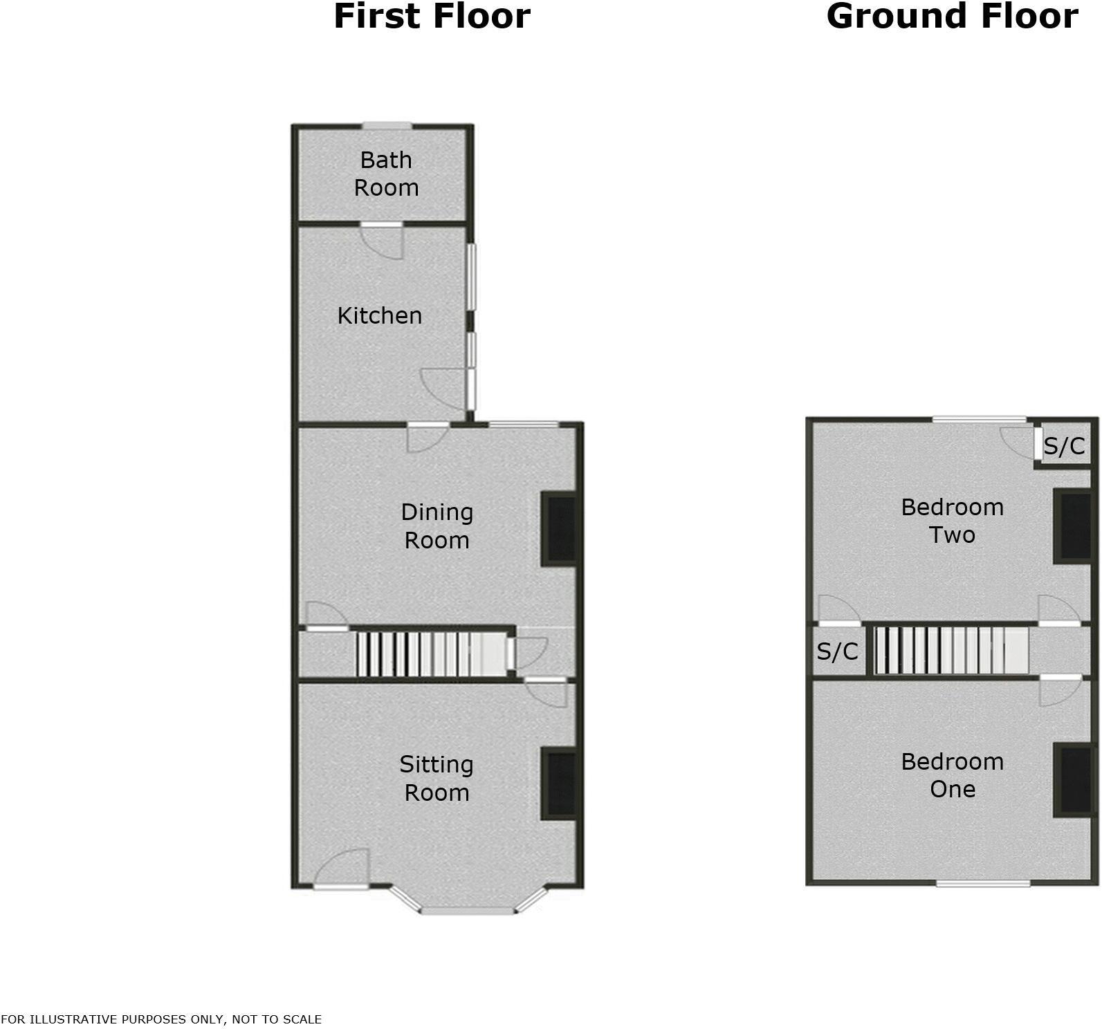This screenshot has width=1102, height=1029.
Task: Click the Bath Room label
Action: [x=386, y=174]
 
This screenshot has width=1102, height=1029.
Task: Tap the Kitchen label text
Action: [x=379, y=315]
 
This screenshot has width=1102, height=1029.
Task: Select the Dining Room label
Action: [x=437, y=526]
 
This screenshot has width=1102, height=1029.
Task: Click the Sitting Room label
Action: [x=437, y=778]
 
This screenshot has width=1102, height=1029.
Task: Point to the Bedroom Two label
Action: [x=952, y=521]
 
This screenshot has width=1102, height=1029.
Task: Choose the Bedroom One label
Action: [x=952, y=775]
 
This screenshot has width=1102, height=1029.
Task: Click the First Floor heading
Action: [x=432, y=17]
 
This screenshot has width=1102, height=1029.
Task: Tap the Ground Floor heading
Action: [x=952, y=17]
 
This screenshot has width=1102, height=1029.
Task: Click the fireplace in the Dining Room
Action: [x=560, y=529]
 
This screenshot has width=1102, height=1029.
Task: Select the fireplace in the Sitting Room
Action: [x=560, y=784]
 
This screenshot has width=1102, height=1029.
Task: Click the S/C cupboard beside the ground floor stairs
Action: [x=837, y=651]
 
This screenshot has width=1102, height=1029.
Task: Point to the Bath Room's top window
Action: [x=387, y=126]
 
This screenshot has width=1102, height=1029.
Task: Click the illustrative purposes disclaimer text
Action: [x=161, y=1019]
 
